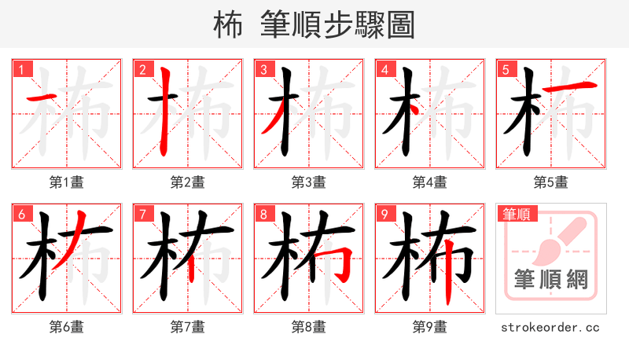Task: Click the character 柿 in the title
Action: click(x=228, y=25)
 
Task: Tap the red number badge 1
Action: click(x=21, y=69)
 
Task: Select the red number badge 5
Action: click(x=506, y=69)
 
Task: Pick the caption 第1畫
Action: click(x=67, y=182)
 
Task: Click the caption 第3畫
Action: click(x=309, y=182)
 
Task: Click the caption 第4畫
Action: click(x=430, y=182)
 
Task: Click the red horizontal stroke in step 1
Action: click(x=42, y=98)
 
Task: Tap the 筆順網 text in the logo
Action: click(x=550, y=279)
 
